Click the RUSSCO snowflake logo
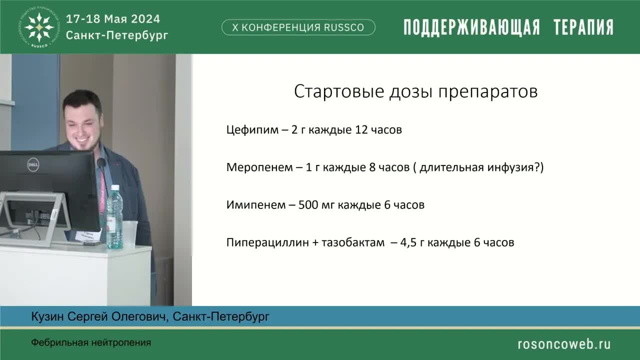39,27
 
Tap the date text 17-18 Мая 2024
113,19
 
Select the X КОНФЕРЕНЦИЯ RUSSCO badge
298,27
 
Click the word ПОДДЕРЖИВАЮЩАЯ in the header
471,27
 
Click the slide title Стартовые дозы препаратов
415,92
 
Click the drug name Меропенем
259,167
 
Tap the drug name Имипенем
255,205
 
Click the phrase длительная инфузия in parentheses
477,167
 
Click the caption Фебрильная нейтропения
91,343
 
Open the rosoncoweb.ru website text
563,343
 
